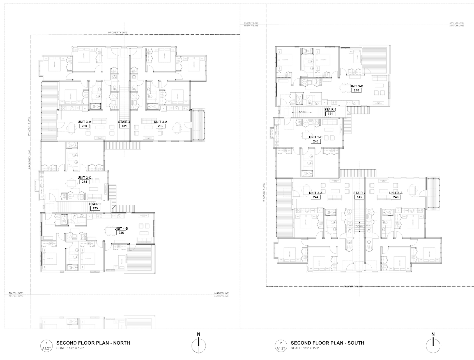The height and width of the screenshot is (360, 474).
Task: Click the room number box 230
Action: (84, 126)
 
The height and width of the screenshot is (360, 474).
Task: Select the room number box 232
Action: (160, 126)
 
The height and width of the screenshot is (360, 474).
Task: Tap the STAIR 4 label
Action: (124, 122)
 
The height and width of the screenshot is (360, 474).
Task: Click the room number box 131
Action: (124, 126)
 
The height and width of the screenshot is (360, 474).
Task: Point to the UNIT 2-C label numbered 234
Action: (84, 177)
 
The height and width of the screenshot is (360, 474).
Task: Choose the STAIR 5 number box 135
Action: (95, 208)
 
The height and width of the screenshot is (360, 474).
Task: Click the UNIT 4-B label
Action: (121, 229)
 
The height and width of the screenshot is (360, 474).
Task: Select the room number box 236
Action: (121, 233)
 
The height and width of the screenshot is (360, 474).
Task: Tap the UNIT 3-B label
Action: (356, 86)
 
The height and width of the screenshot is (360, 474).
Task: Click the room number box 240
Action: (356, 91)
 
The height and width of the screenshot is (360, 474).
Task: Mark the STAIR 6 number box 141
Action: (330, 114)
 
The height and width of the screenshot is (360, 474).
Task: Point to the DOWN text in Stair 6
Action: (303, 112)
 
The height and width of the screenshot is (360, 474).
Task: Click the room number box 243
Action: (316, 141)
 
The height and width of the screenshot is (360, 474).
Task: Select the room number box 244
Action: (316, 197)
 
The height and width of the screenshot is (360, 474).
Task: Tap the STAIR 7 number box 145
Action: (359, 197)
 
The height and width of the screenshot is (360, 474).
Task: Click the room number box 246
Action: (396, 197)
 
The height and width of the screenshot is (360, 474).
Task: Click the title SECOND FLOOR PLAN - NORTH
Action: (93, 343)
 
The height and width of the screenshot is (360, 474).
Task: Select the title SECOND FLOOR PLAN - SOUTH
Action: (327, 343)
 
